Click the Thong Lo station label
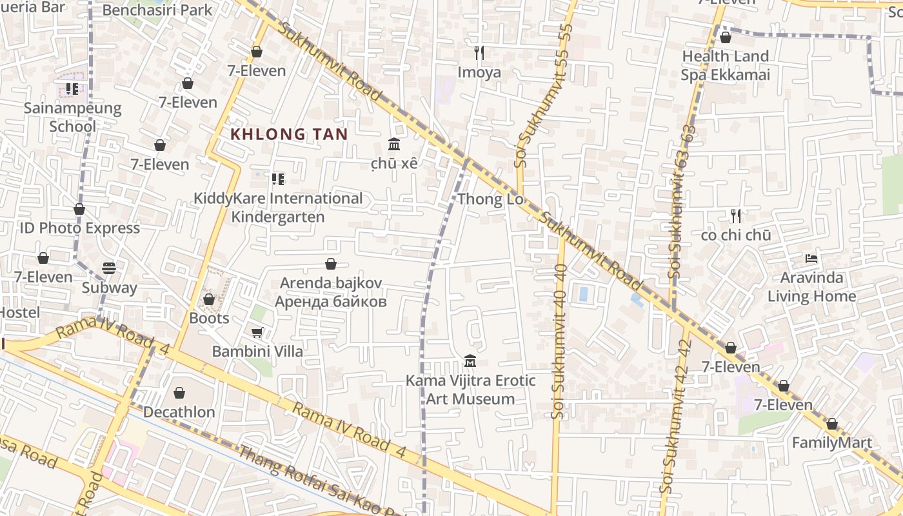490,199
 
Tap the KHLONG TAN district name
289,135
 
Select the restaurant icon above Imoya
479,52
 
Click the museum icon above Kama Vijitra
470,361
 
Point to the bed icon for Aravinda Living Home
811,259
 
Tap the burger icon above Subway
109,268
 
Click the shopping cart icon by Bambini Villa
257,332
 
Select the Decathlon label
179,412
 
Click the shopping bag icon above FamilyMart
832,424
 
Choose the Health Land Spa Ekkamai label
726,66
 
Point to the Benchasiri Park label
157,10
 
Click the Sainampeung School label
72,117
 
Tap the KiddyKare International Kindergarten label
278,208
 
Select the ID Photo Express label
79,228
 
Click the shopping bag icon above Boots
208,299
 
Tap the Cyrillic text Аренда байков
331,301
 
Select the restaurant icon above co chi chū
735,215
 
